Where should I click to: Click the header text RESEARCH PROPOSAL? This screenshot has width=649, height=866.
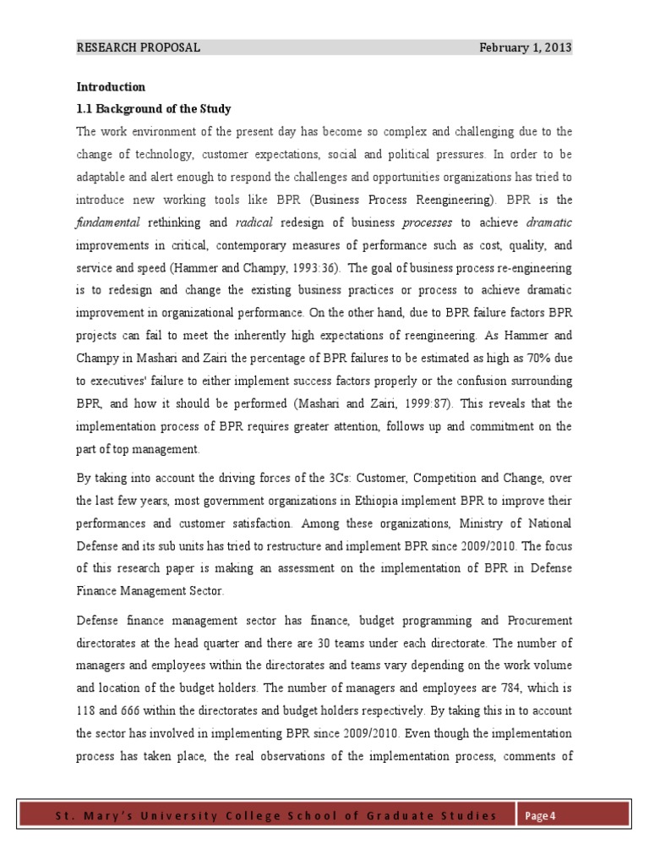tap(138, 48)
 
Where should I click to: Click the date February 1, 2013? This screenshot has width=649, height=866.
tap(525, 48)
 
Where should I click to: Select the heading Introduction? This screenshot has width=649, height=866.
tap(111, 87)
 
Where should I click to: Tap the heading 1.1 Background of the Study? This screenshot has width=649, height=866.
tap(154, 109)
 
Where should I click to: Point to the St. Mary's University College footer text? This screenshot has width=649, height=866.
tap(275, 815)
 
